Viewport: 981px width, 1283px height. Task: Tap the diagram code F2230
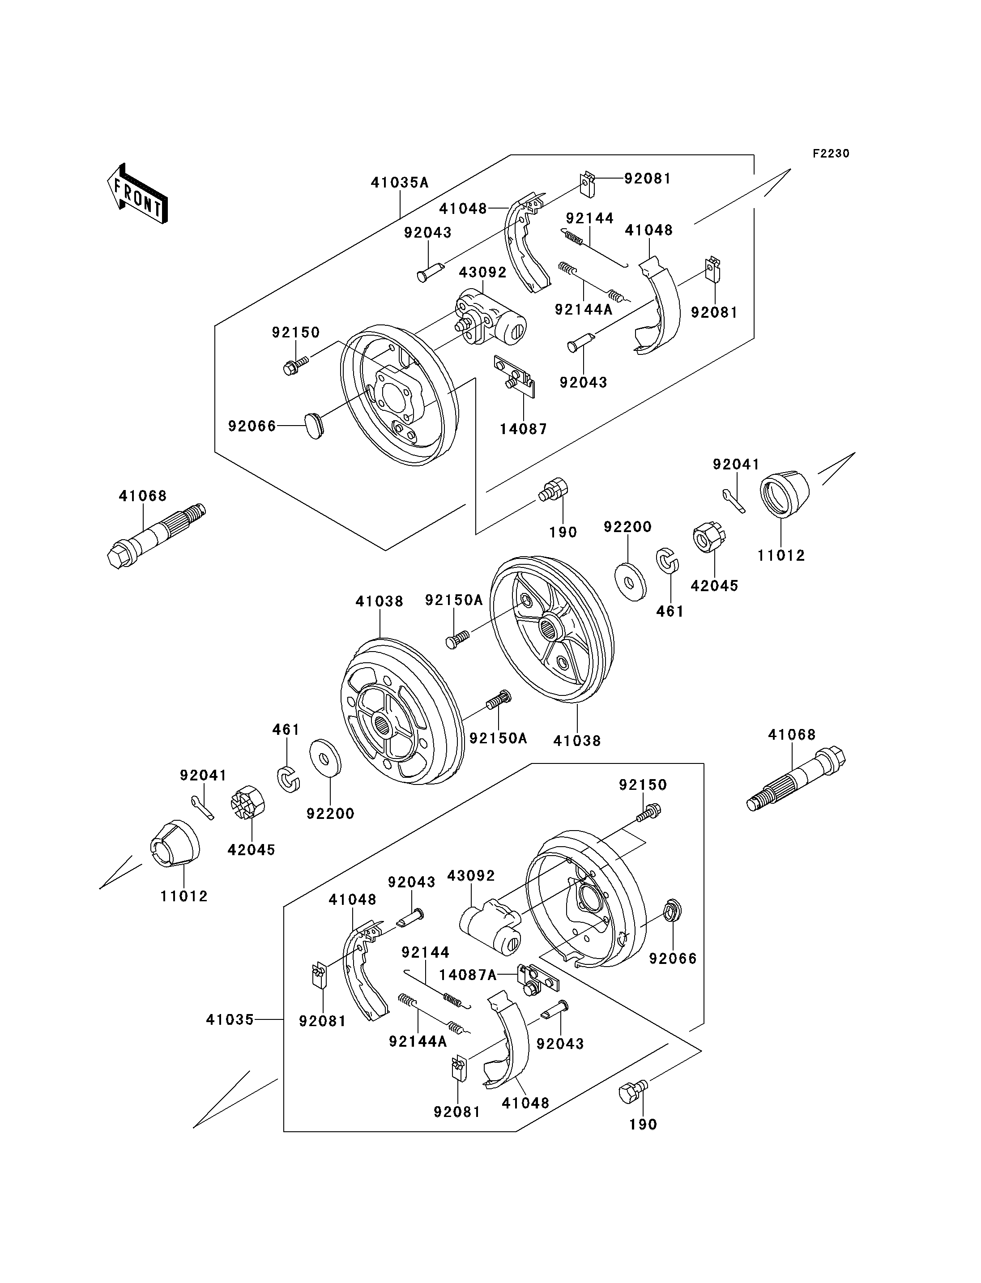[830, 153]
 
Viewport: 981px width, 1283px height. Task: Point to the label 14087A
[468, 975]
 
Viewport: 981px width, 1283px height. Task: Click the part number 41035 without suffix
[230, 1019]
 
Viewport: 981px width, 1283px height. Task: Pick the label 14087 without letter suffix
[523, 429]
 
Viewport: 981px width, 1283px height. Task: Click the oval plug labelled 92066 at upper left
[314, 425]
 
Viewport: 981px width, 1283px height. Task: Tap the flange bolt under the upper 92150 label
[295, 366]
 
